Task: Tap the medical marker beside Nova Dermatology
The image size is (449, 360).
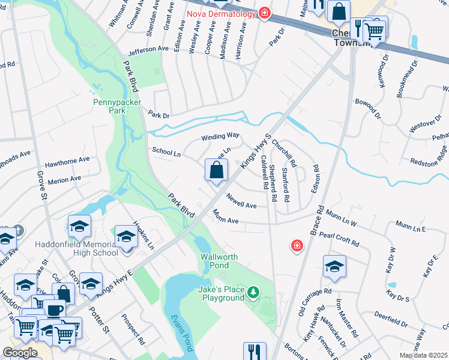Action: pyautogui.click(x=264, y=13)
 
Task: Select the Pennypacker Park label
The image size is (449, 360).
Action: pyautogui.click(x=117, y=106)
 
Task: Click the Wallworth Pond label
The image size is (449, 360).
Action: pyautogui.click(x=219, y=261)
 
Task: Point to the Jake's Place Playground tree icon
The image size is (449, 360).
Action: pyautogui.click(x=254, y=293)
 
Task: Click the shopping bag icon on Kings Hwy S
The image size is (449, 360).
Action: pyautogui.click(x=216, y=170)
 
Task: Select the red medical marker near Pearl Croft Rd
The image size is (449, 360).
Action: pyautogui.click(x=296, y=245)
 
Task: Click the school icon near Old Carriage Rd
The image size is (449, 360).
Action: pyautogui.click(x=334, y=268)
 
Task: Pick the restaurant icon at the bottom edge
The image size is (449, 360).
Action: pyautogui.click(x=255, y=352)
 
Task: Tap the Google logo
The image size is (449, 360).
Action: pyautogui.click(x=20, y=353)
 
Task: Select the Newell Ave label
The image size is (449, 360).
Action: pyautogui.click(x=241, y=201)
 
